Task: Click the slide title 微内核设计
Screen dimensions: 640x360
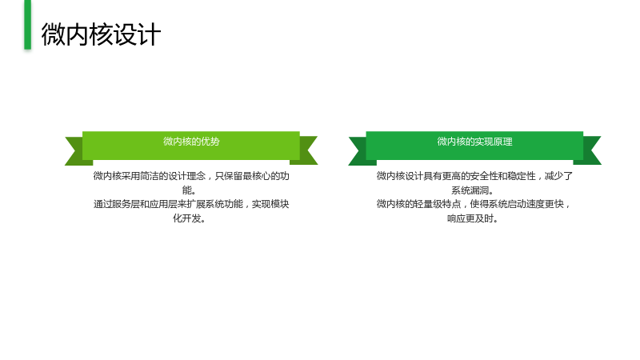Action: click(101, 34)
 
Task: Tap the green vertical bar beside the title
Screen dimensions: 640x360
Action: click(27, 25)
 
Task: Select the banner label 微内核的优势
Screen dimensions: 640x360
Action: click(191, 142)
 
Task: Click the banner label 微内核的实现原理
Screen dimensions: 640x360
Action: click(474, 142)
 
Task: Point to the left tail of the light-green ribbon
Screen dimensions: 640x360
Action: click(76, 151)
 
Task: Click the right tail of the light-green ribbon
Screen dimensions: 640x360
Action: click(306, 150)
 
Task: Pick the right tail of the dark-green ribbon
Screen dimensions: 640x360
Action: click(590, 150)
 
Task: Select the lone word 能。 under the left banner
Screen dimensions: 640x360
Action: click(190, 190)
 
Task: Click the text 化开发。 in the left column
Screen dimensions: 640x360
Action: click(190, 218)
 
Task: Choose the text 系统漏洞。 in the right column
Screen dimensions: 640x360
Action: click(473, 190)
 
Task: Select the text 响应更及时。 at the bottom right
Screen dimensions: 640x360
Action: click(473, 218)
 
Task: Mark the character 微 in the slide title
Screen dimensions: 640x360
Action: click(53, 34)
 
